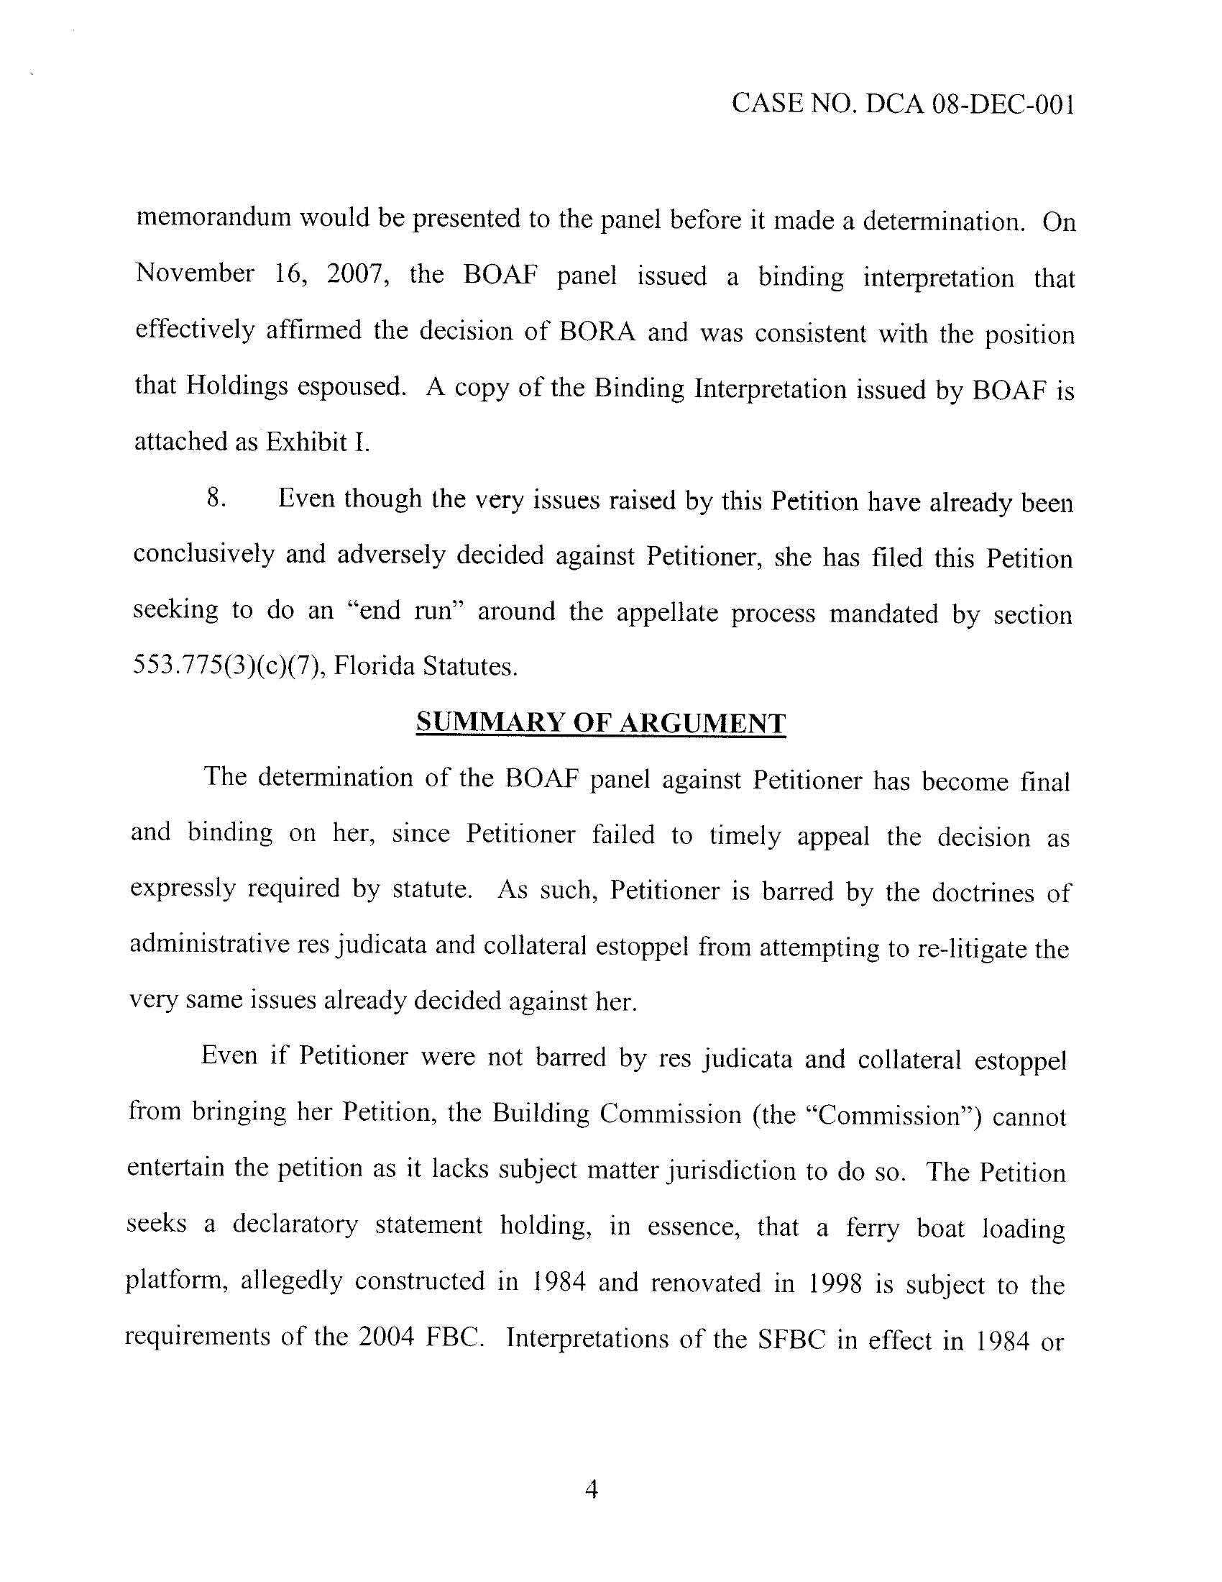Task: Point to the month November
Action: pos(195,274)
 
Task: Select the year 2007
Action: pos(354,276)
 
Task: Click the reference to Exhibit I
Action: pos(316,442)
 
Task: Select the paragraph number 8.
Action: pos(214,499)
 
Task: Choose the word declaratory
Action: pos(295,1225)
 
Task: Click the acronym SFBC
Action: pos(791,1339)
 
